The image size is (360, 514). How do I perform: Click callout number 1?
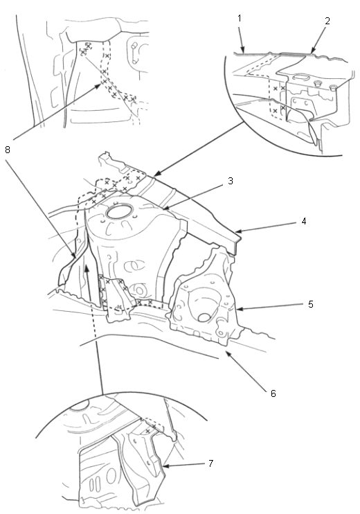[x=240, y=18]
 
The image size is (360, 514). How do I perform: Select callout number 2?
[x=327, y=21]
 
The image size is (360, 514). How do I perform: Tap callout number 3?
[x=231, y=181]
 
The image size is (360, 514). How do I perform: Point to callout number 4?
[x=304, y=221]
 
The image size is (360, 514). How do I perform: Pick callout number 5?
[x=311, y=304]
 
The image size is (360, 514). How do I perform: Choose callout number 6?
[x=273, y=393]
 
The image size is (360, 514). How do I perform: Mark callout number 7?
[x=210, y=463]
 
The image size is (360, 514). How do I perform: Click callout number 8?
[x=8, y=150]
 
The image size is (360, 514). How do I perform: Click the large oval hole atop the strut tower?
[x=119, y=211]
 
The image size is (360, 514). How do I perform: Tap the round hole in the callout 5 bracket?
[x=204, y=317]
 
